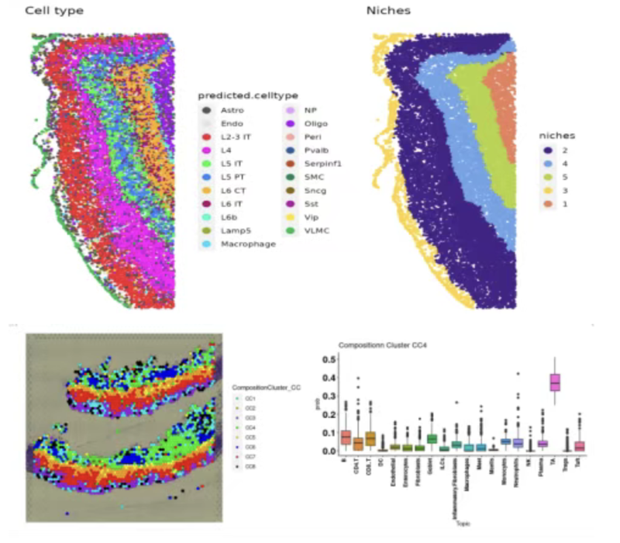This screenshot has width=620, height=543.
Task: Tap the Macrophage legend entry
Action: click(x=236, y=244)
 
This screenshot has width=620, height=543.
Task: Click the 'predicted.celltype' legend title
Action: click(x=248, y=95)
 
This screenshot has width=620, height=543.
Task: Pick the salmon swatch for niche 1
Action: click(x=548, y=204)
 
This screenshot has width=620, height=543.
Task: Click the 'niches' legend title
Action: click(x=558, y=135)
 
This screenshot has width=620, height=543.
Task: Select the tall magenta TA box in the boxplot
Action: click(x=554, y=382)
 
